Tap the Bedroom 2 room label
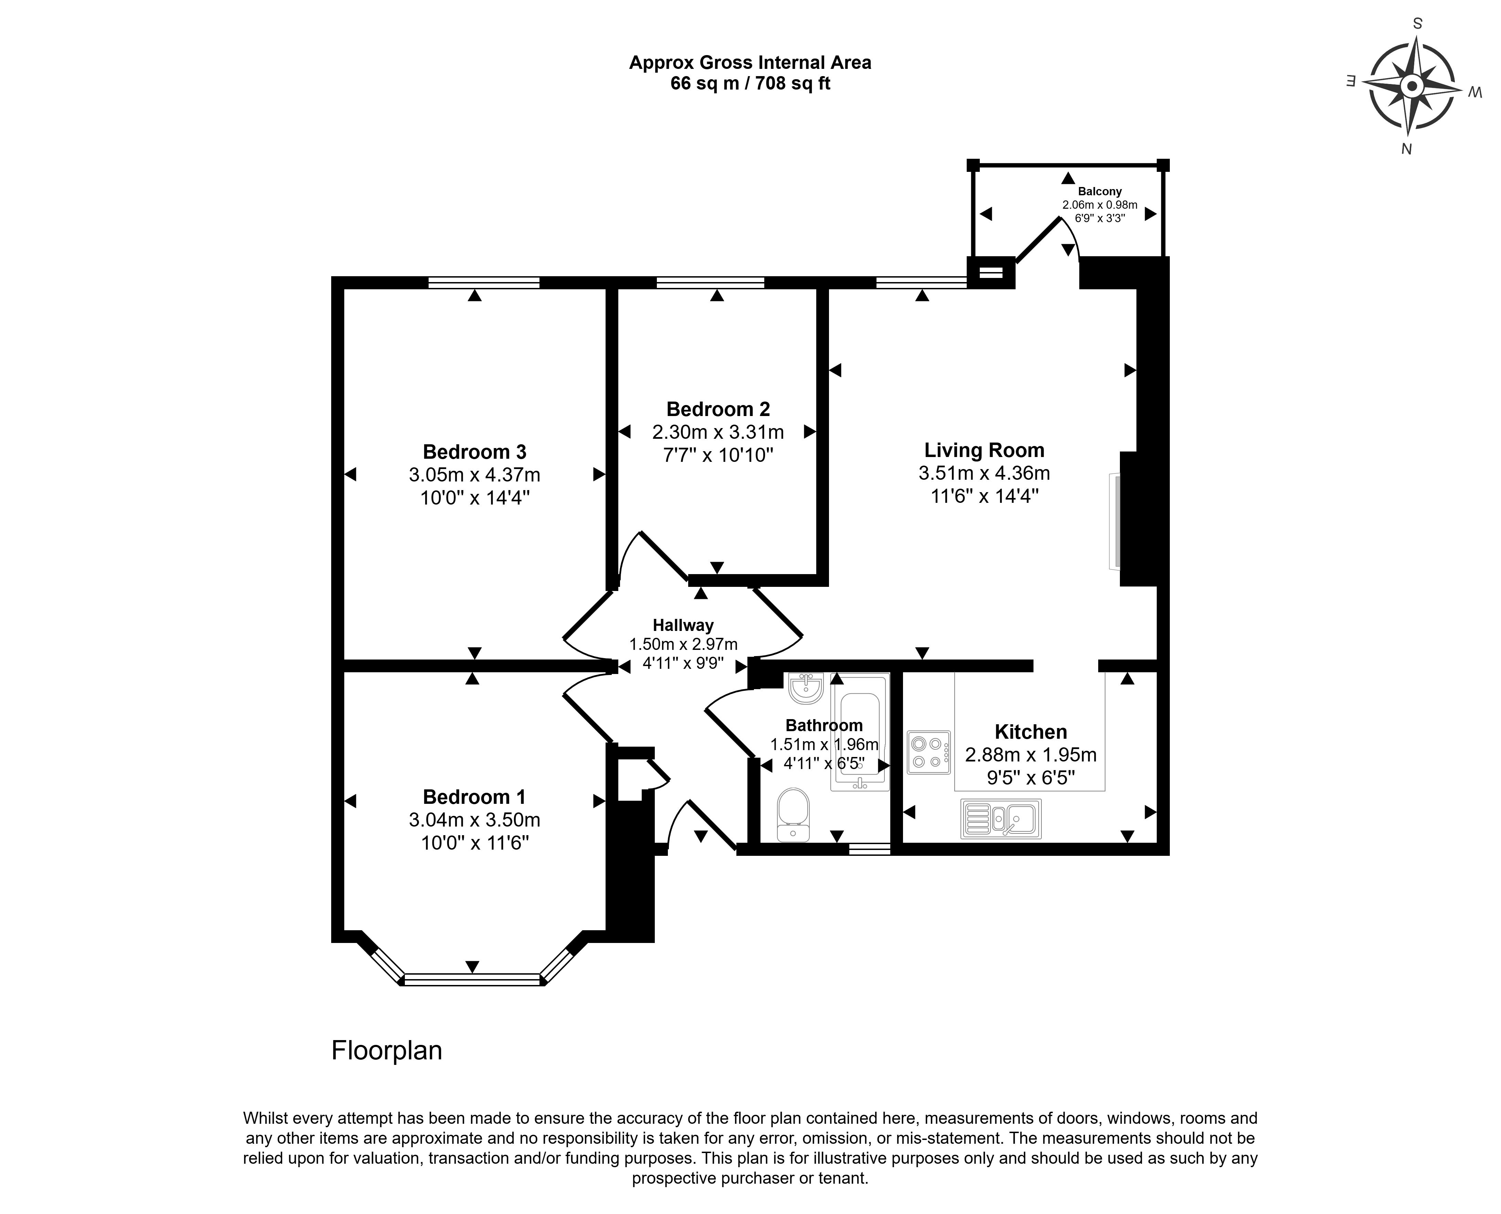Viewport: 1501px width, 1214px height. pyautogui.click(x=718, y=409)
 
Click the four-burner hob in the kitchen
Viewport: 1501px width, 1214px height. pyautogui.click(x=928, y=753)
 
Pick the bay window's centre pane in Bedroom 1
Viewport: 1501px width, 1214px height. pyautogui.click(x=473, y=980)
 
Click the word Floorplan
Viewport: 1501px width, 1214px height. pyautogui.click(x=387, y=1050)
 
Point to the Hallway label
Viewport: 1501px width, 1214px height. pyautogui.click(x=683, y=625)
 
